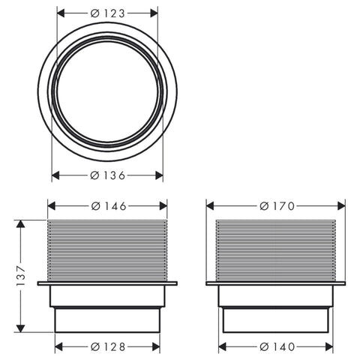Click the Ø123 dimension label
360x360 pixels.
coord(107,13)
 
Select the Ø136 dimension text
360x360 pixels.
coord(107,175)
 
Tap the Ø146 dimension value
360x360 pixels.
coord(109,206)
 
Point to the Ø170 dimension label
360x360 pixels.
coord(277,206)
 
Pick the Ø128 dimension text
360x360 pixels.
coord(108,346)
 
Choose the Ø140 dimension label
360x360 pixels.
coord(277,346)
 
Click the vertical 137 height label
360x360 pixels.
coord(20,276)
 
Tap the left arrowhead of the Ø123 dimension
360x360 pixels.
coord(61,13)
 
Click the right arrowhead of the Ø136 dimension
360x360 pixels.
coord(159,175)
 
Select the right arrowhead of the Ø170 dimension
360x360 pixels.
coord(341,206)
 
